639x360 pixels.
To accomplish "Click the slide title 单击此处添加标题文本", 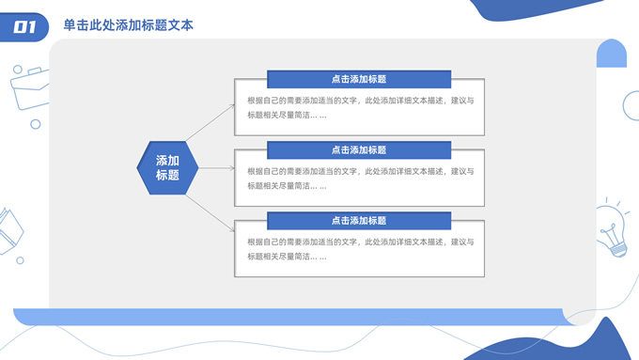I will (129, 26).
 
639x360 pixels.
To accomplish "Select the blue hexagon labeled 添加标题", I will (167, 167).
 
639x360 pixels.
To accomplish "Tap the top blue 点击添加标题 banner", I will (359, 80).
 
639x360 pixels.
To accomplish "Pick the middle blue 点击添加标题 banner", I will (359, 150).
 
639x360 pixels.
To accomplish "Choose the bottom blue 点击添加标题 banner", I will (359, 221).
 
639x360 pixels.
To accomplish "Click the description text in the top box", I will (360, 108).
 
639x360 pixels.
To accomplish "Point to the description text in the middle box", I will (360, 179).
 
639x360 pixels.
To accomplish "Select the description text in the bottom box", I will (360, 249).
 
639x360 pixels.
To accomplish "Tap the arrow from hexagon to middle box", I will (216, 168).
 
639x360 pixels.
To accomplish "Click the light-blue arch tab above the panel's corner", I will (612, 54).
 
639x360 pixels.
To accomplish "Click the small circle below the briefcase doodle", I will (36, 124).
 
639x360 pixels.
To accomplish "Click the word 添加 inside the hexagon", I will (167, 161).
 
